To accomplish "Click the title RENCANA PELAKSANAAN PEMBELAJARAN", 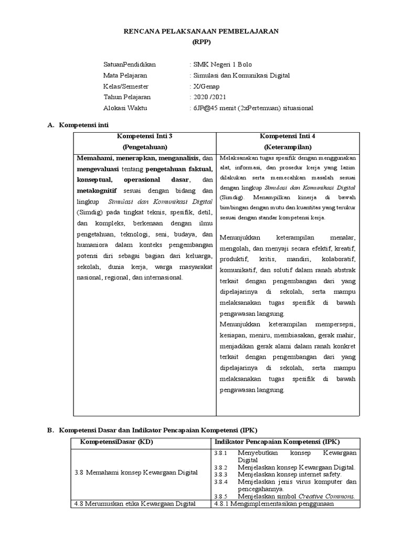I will coord(201,31).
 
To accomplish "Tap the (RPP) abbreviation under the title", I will coord(201,42).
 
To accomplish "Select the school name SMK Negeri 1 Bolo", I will coord(222,65).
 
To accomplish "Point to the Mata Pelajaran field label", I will coord(125,76).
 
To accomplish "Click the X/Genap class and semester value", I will coord(206,87).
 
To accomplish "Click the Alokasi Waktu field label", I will coord(125,108).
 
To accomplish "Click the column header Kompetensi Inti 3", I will coord(145,136).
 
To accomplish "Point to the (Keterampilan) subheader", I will coord(288,147).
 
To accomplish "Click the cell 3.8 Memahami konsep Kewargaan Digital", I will coord(136,472).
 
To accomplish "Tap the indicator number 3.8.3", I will coord(220,474).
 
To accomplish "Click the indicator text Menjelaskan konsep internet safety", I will coord(290,474).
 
